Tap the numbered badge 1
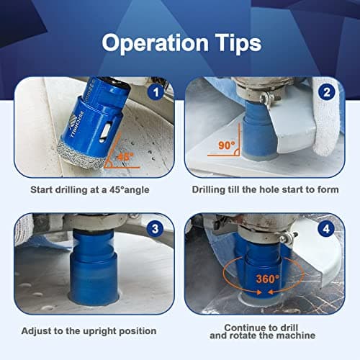[153, 93]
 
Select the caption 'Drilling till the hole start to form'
[264, 190]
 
